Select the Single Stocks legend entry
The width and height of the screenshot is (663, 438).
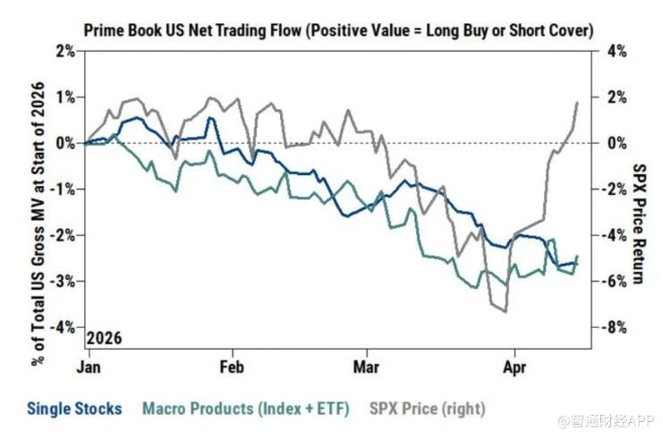74,409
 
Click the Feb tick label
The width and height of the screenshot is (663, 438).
232,366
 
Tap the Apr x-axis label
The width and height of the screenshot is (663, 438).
514,366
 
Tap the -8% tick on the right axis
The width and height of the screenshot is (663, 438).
614,327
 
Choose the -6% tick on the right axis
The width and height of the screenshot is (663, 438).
614,281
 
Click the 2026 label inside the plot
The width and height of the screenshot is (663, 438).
104,340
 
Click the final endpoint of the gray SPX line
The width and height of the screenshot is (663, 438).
577,102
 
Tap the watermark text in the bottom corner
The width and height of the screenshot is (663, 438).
606,419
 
